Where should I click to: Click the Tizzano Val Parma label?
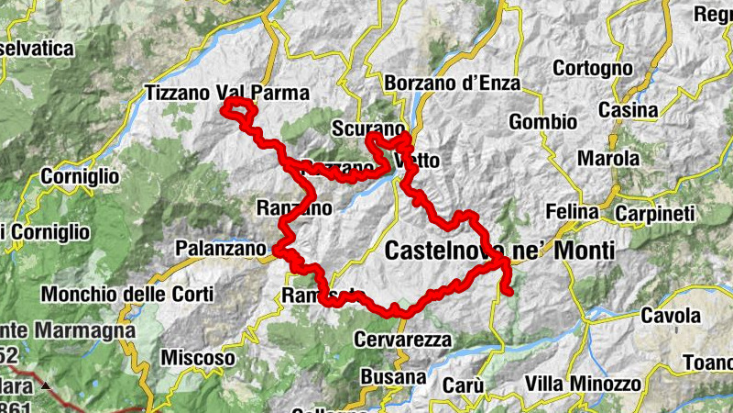click(227, 93)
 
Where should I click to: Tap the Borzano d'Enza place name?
click(453, 84)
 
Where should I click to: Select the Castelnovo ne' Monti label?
click(499, 250)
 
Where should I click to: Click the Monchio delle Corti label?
click(127, 295)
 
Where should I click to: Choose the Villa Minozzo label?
click(581, 383)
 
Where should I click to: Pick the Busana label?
click(394, 376)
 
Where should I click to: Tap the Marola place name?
click(608, 158)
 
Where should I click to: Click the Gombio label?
click(543, 121)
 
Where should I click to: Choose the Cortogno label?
click(593, 68)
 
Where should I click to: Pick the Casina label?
click(629, 110)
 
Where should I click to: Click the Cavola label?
click(671, 316)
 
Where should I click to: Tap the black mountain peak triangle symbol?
click(44, 385)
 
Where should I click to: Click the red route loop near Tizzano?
click(240, 110)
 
